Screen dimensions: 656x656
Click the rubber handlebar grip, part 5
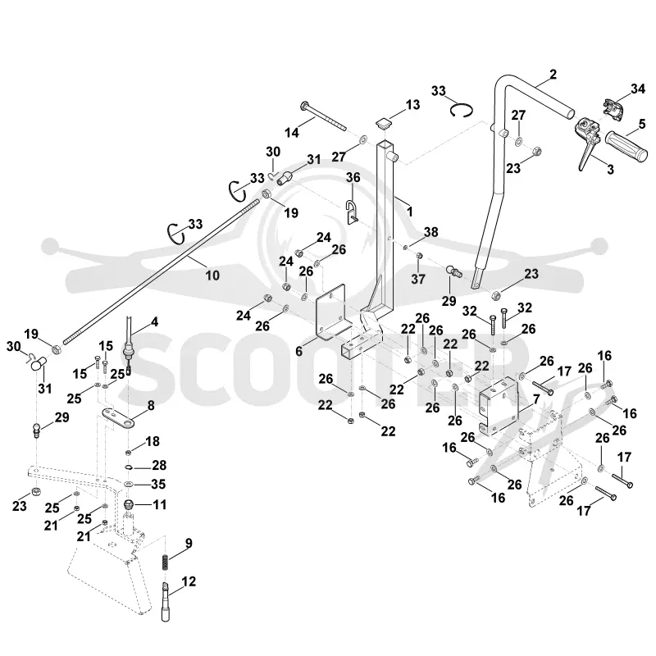pyautogui.click(x=627, y=147)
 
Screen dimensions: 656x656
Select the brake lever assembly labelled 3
pyautogui.click(x=588, y=140)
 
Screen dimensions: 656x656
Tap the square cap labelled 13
pyautogui.click(x=385, y=124)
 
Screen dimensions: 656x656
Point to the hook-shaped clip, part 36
pyautogui.click(x=351, y=212)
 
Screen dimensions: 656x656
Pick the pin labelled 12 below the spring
pyautogui.click(x=166, y=602)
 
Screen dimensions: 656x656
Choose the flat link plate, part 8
pyautogui.click(x=118, y=419)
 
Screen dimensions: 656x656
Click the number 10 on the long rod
pyautogui.click(x=212, y=276)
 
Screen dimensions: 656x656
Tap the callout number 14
pyautogui.click(x=292, y=133)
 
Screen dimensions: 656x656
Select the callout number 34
pyautogui.click(x=638, y=89)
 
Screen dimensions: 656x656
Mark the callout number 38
pyautogui.click(x=431, y=232)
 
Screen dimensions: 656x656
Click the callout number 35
pyautogui.click(x=158, y=484)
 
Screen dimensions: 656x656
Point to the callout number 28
pyautogui.click(x=159, y=465)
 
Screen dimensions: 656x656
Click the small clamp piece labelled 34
pyautogui.click(x=613, y=107)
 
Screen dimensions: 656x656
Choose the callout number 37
pyautogui.click(x=418, y=279)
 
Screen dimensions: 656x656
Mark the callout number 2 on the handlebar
pyautogui.click(x=553, y=75)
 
